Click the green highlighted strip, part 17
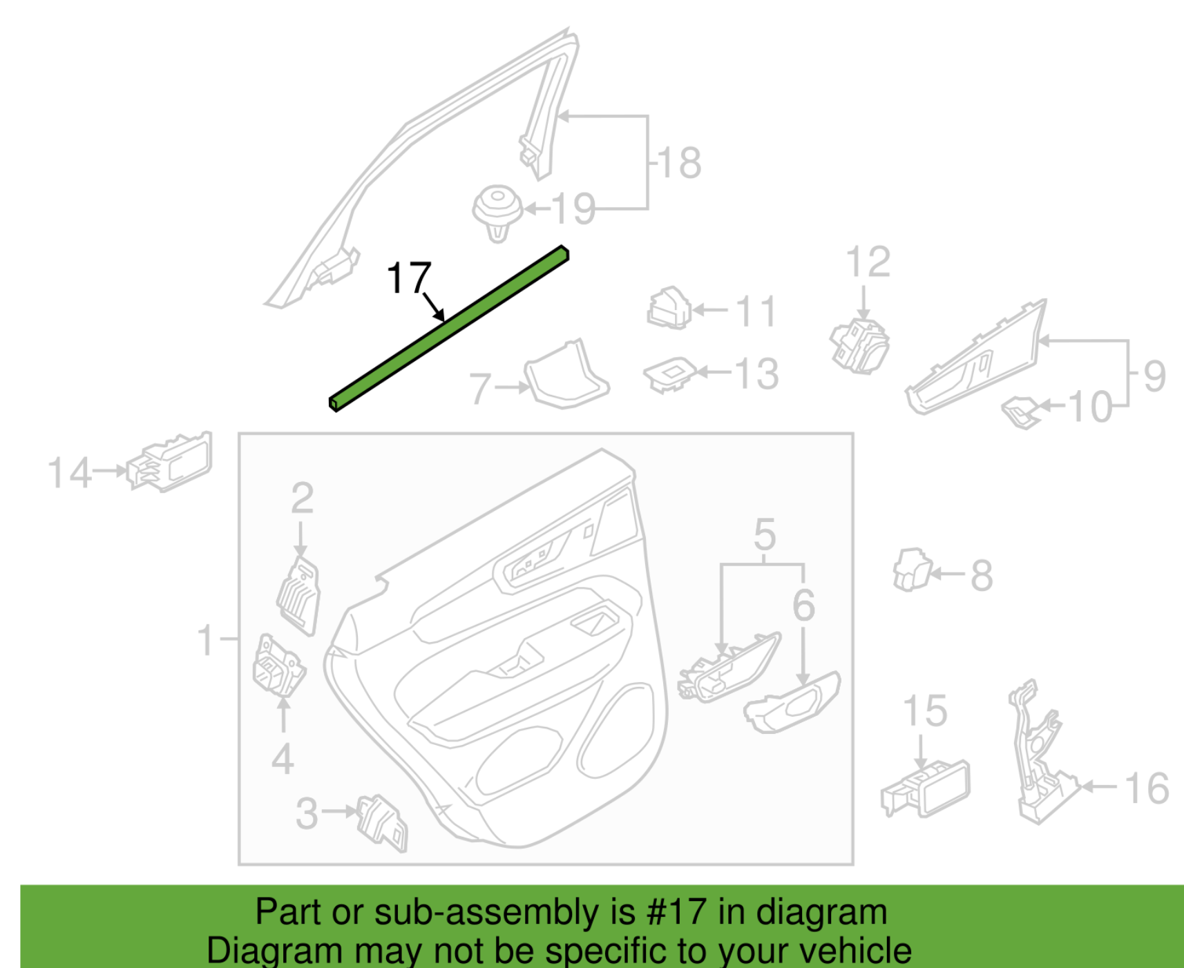pyautogui.click(x=449, y=329)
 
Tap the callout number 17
pyautogui.click(x=409, y=278)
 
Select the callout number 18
pyautogui.click(x=680, y=163)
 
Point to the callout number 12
pyautogui.click(x=868, y=262)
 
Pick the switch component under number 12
pyautogui.click(x=860, y=345)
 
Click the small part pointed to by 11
pyautogui.click(x=669, y=308)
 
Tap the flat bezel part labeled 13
pyautogui.click(x=670, y=374)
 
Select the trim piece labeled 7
pyautogui.click(x=566, y=375)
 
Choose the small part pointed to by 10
pyautogui.click(x=1022, y=412)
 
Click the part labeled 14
pyautogui.click(x=169, y=463)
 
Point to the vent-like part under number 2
pyautogui.click(x=299, y=596)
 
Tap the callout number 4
pyautogui.click(x=283, y=759)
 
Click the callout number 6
pyautogui.click(x=803, y=605)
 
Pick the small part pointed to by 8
pyautogui.click(x=912, y=570)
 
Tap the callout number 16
pyautogui.click(x=1147, y=788)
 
